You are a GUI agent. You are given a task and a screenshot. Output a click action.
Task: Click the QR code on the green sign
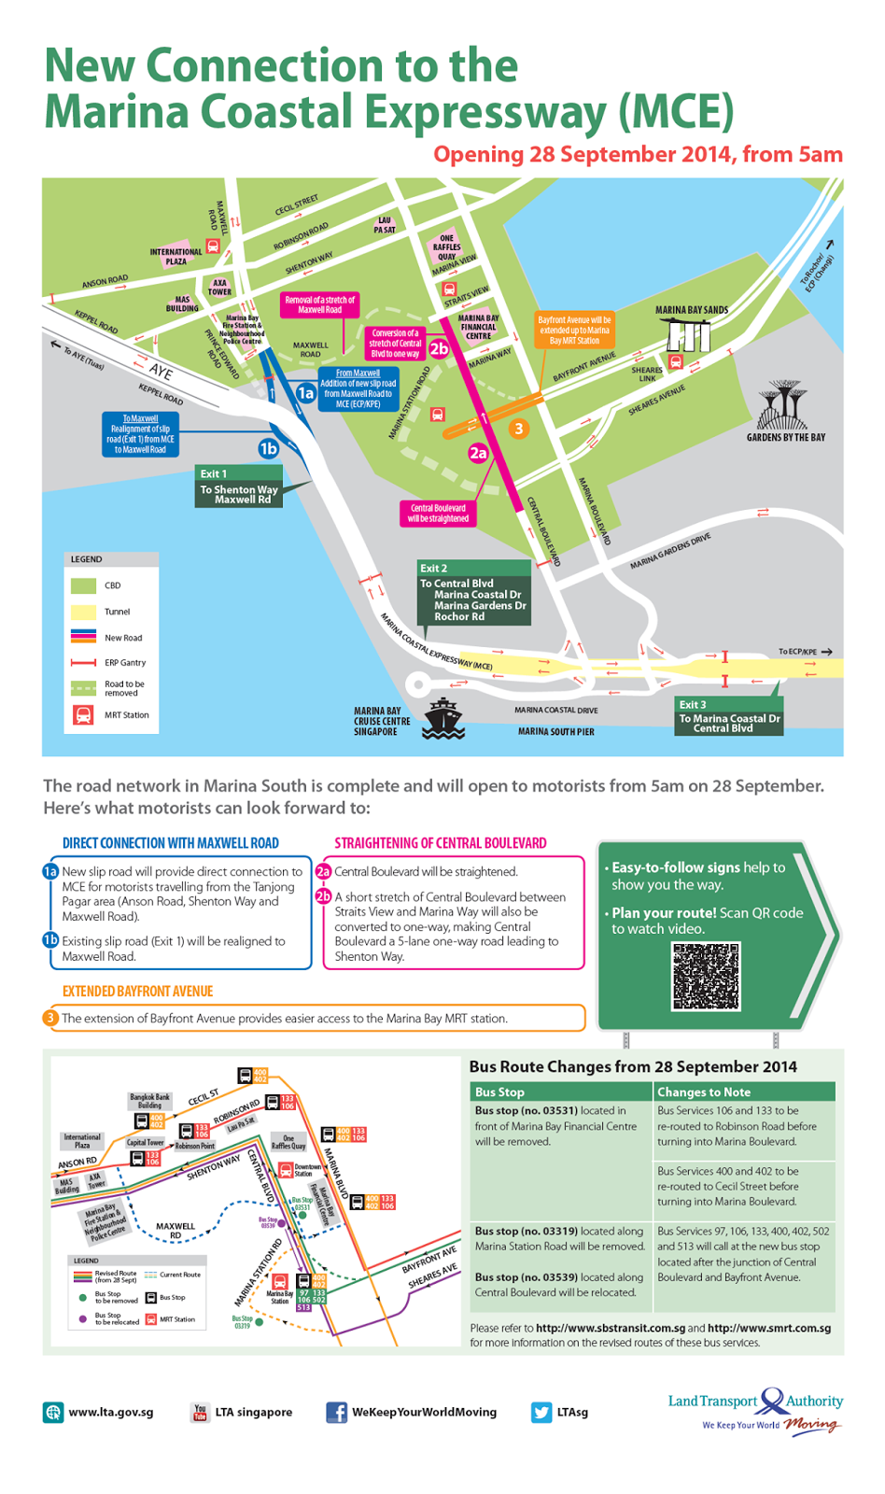pos(706,976)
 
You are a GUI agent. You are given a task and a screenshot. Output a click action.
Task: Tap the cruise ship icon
pos(443,718)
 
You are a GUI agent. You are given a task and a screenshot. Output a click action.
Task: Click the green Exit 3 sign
pos(729,717)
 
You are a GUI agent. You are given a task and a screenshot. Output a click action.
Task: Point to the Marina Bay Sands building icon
pos(688,332)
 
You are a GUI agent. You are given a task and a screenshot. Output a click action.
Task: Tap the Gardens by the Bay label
pos(785,437)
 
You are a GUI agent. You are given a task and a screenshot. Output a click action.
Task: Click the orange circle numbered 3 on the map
pos(518,429)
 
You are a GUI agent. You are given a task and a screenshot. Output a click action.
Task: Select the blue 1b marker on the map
pos(268,449)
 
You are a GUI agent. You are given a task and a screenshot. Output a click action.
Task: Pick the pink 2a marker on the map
pos(478,453)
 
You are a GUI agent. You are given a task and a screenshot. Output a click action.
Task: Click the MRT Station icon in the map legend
pos(83,715)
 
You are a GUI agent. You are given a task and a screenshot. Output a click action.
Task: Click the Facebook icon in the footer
pos(336,1412)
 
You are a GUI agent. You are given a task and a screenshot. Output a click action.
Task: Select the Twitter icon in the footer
pos(541,1412)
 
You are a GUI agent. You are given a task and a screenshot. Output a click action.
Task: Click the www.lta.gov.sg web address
pos(110,1412)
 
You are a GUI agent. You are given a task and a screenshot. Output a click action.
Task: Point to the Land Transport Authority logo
pos(755,1408)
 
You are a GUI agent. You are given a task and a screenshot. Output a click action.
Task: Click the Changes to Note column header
pos(704,1092)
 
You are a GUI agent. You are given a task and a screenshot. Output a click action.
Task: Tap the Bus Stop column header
pos(500,1092)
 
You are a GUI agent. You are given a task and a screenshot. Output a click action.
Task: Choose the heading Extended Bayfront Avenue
pos(138,992)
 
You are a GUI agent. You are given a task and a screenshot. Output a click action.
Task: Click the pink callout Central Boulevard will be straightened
pos(438,514)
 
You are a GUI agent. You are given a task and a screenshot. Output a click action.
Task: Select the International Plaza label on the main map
pos(176,257)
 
